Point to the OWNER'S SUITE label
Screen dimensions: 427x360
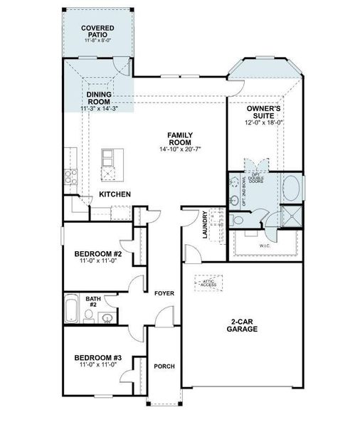coord(265,112)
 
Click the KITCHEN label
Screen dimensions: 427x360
coord(114,194)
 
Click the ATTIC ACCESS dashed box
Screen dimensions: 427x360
coord(229,284)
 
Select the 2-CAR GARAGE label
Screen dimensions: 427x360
coord(243,325)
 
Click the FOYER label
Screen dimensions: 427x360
coord(164,292)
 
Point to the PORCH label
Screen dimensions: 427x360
coord(164,366)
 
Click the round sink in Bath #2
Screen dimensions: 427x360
coord(107,318)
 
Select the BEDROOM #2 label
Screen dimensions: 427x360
coord(98,254)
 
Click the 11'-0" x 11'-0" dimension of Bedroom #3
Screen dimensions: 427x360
coord(98,364)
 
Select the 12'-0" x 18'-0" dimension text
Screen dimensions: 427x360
coord(265,122)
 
